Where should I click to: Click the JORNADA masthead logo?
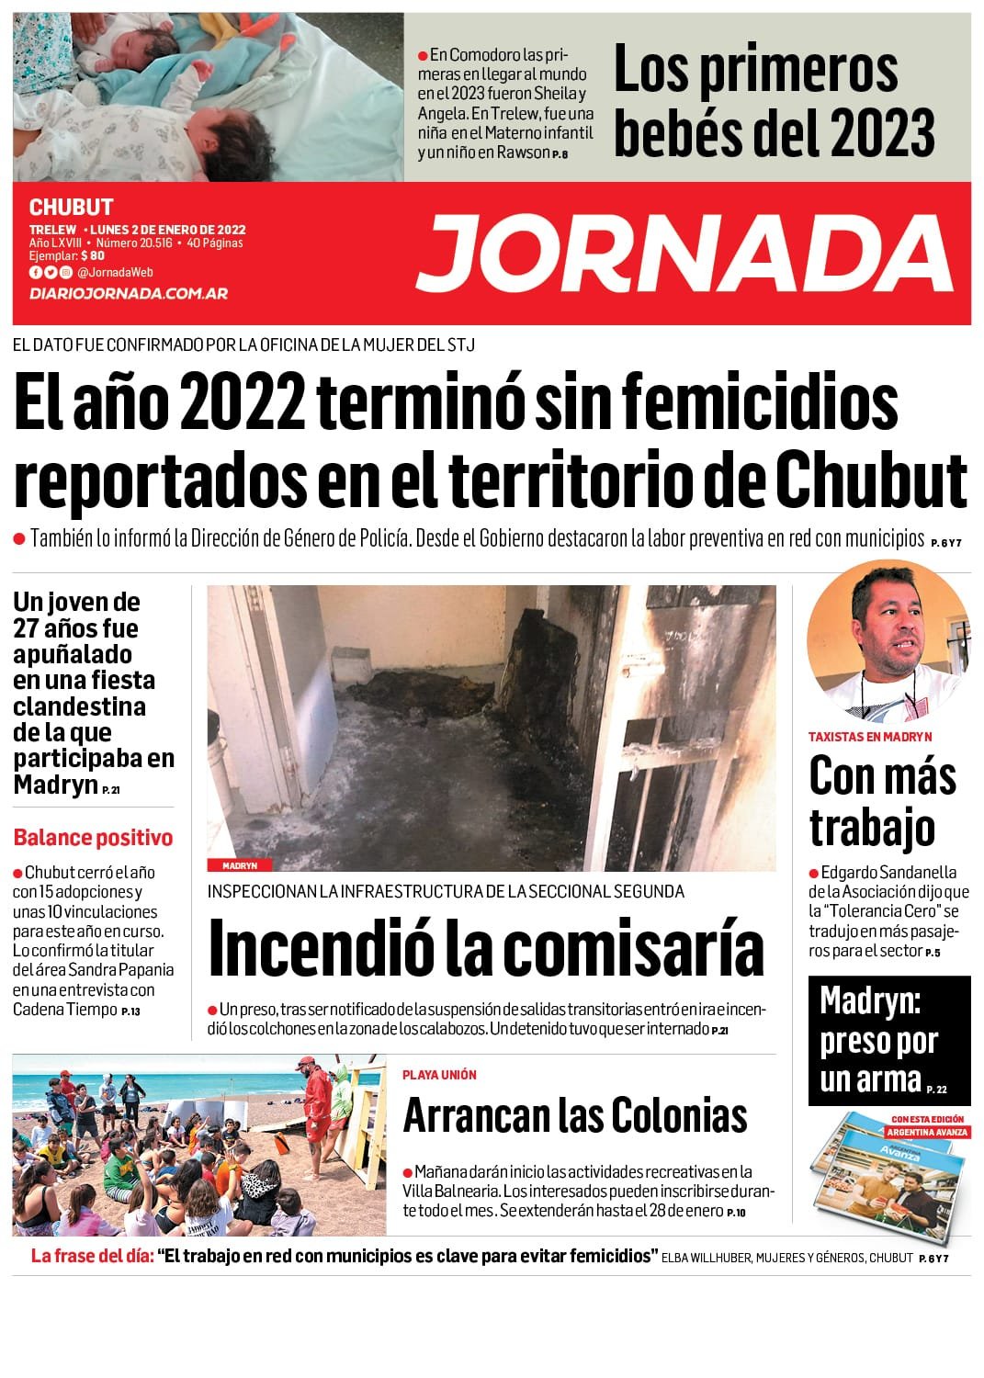tap(684, 253)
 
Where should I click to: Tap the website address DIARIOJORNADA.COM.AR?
tap(129, 293)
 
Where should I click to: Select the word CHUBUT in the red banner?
tap(72, 208)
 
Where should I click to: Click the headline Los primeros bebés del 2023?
tap(774, 99)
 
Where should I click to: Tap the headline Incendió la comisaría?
tap(486, 948)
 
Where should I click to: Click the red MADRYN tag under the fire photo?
tap(240, 865)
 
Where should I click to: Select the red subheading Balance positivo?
tap(93, 837)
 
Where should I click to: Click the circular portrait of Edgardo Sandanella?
tap(888, 640)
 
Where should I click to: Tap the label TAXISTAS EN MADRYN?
tap(870, 737)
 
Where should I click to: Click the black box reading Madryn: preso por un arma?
tap(888, 1040)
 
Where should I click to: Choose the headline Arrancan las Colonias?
tap(575, 1115)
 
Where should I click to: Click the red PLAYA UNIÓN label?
tap(439, 1075)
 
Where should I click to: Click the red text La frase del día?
tap(92, 1256)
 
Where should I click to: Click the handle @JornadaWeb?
tap(115, 272)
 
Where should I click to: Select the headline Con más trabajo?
tap(882, 800)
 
